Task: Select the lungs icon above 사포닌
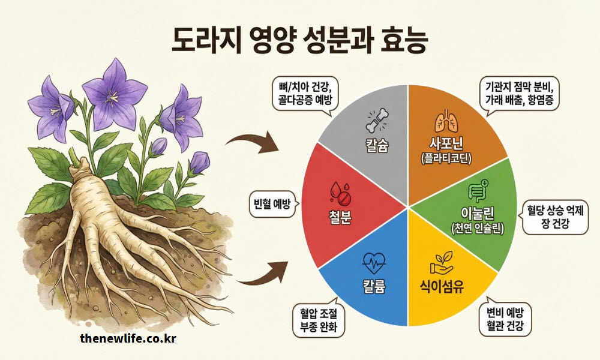pos(445,122)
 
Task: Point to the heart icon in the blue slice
pos(374,262)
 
